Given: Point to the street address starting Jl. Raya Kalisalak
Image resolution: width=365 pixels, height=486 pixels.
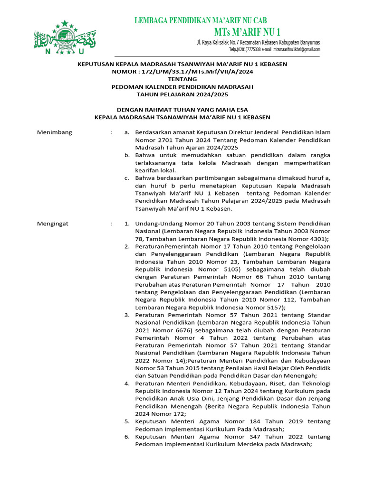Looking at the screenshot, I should (258, 43).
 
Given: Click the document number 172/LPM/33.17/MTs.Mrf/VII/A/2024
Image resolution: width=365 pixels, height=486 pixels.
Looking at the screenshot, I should (191, 72).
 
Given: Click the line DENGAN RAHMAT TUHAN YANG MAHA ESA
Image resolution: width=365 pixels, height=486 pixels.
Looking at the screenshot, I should (182, 109).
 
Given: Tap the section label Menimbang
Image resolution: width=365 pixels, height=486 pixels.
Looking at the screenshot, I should (55, 132).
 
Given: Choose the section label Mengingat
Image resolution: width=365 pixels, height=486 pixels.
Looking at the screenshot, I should (53, 223).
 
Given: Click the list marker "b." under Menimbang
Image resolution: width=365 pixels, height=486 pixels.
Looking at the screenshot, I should (127, 155).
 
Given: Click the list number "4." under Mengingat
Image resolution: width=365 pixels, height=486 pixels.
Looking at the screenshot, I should (127, 383).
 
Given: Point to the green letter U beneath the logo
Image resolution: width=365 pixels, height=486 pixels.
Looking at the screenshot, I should (81, 51).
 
